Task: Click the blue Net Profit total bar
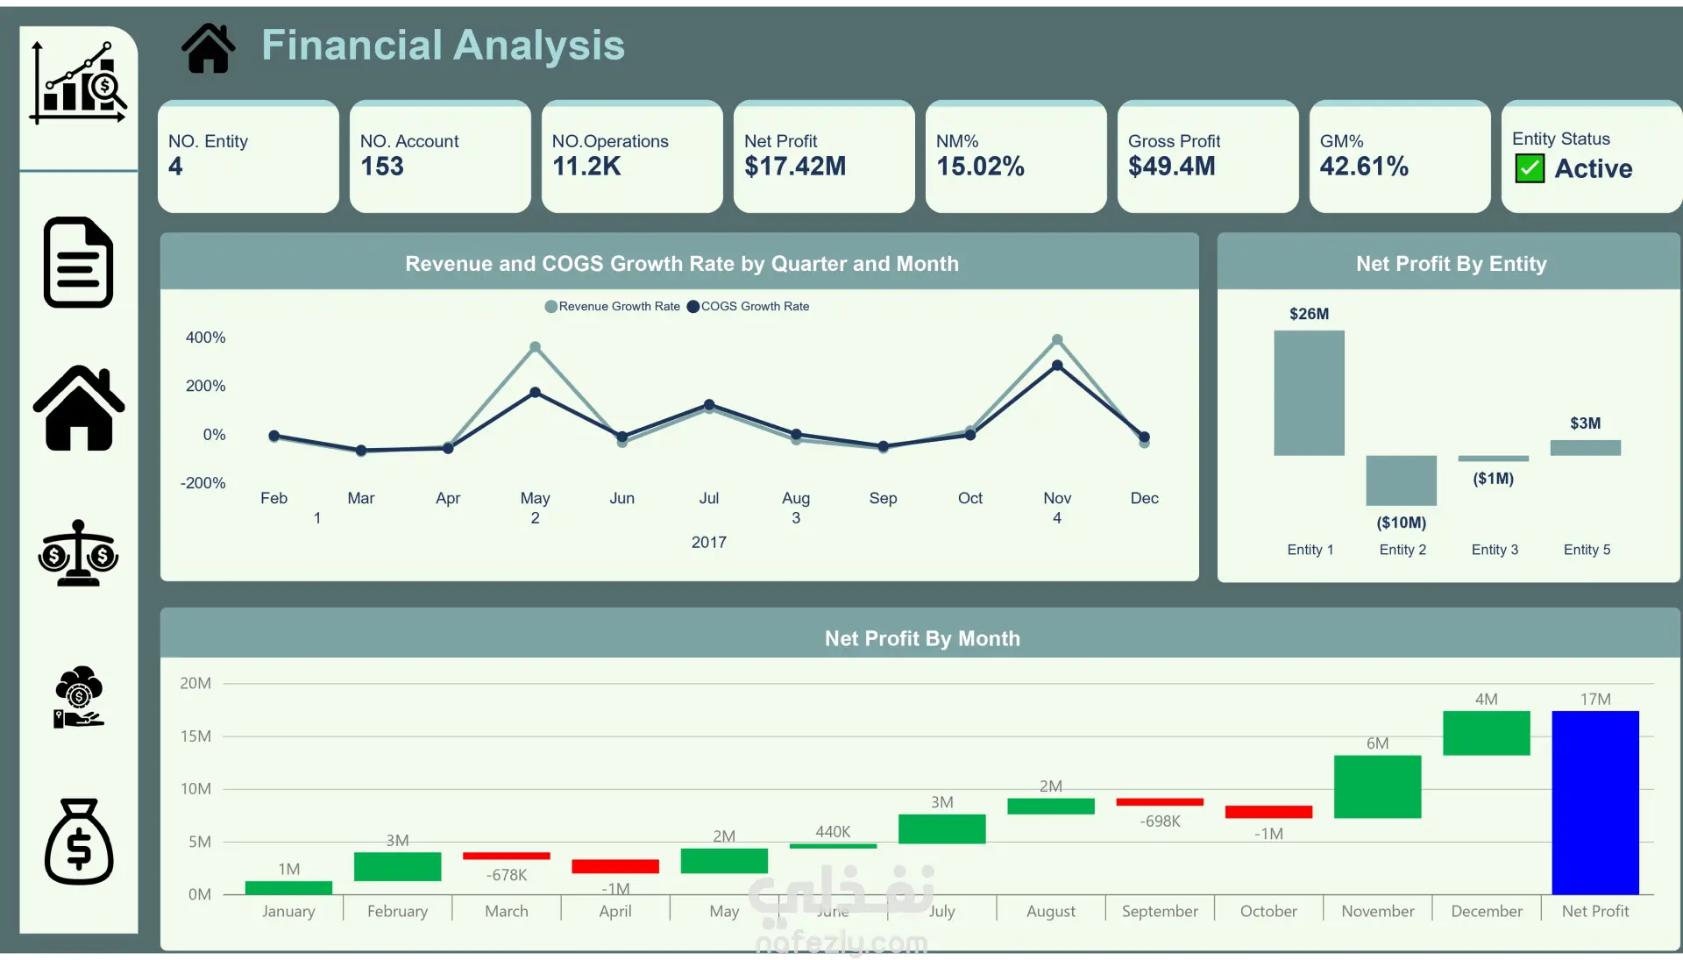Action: point(1594,802)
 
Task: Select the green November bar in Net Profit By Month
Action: point(1377,786)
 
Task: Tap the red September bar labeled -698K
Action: point(1159,801)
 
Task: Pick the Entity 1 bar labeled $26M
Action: point(1309,393)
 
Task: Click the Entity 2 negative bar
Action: point(1401,480)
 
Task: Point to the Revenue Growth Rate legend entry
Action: point(613,307)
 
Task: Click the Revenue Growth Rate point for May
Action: point(536,347)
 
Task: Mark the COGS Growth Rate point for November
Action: point(1057,366)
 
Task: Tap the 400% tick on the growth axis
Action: point(206,338)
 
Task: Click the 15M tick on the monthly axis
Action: point(195,736)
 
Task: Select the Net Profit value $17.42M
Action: point(795,167)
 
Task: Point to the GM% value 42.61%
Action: point(1364,167)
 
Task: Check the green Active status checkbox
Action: point(1530,168)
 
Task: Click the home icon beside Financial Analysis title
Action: point(209,48)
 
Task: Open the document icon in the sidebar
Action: point(79,262)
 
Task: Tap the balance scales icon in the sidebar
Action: point(79,553)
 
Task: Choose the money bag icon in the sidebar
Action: point(79,842)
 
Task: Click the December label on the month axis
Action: point(1486,912)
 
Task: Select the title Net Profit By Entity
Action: point(1451,264)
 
